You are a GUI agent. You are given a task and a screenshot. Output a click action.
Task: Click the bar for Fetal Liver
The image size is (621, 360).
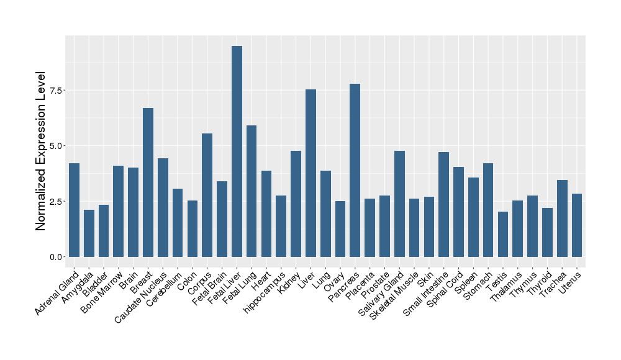click(237, 151)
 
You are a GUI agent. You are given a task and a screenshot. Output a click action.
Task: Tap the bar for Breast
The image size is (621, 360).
click(148, 182)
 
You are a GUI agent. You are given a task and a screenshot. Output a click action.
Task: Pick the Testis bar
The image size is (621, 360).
click(502, 235)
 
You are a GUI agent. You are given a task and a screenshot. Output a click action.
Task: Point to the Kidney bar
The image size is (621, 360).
click(296, 204)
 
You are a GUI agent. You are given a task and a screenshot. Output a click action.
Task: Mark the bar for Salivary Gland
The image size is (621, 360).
click(399, 204)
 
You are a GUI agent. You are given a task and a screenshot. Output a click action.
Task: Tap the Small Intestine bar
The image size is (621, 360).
click(443, 205)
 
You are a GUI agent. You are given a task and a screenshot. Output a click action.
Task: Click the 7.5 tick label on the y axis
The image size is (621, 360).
click(56, 91)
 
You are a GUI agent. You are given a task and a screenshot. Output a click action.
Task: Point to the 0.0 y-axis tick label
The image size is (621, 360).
click(56, 257)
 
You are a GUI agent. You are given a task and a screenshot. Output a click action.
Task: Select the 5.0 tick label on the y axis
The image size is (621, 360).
click(56, 146)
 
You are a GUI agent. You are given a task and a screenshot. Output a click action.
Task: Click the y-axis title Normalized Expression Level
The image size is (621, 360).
click(41, 151)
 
